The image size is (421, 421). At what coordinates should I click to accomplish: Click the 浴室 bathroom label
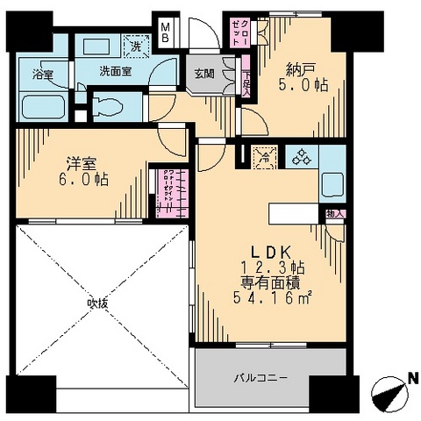tap(41, 73)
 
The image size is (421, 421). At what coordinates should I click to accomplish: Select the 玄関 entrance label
tap(203, 73)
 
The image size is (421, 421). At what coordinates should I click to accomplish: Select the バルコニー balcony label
tap(261, 378)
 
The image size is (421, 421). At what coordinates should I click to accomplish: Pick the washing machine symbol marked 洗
tap(137, 46)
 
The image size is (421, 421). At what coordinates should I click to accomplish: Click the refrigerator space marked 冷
tap(264, 158)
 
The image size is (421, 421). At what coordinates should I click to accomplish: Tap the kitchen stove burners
tap(302, 158)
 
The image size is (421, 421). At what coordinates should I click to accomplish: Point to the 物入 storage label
tap(334, 213)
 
